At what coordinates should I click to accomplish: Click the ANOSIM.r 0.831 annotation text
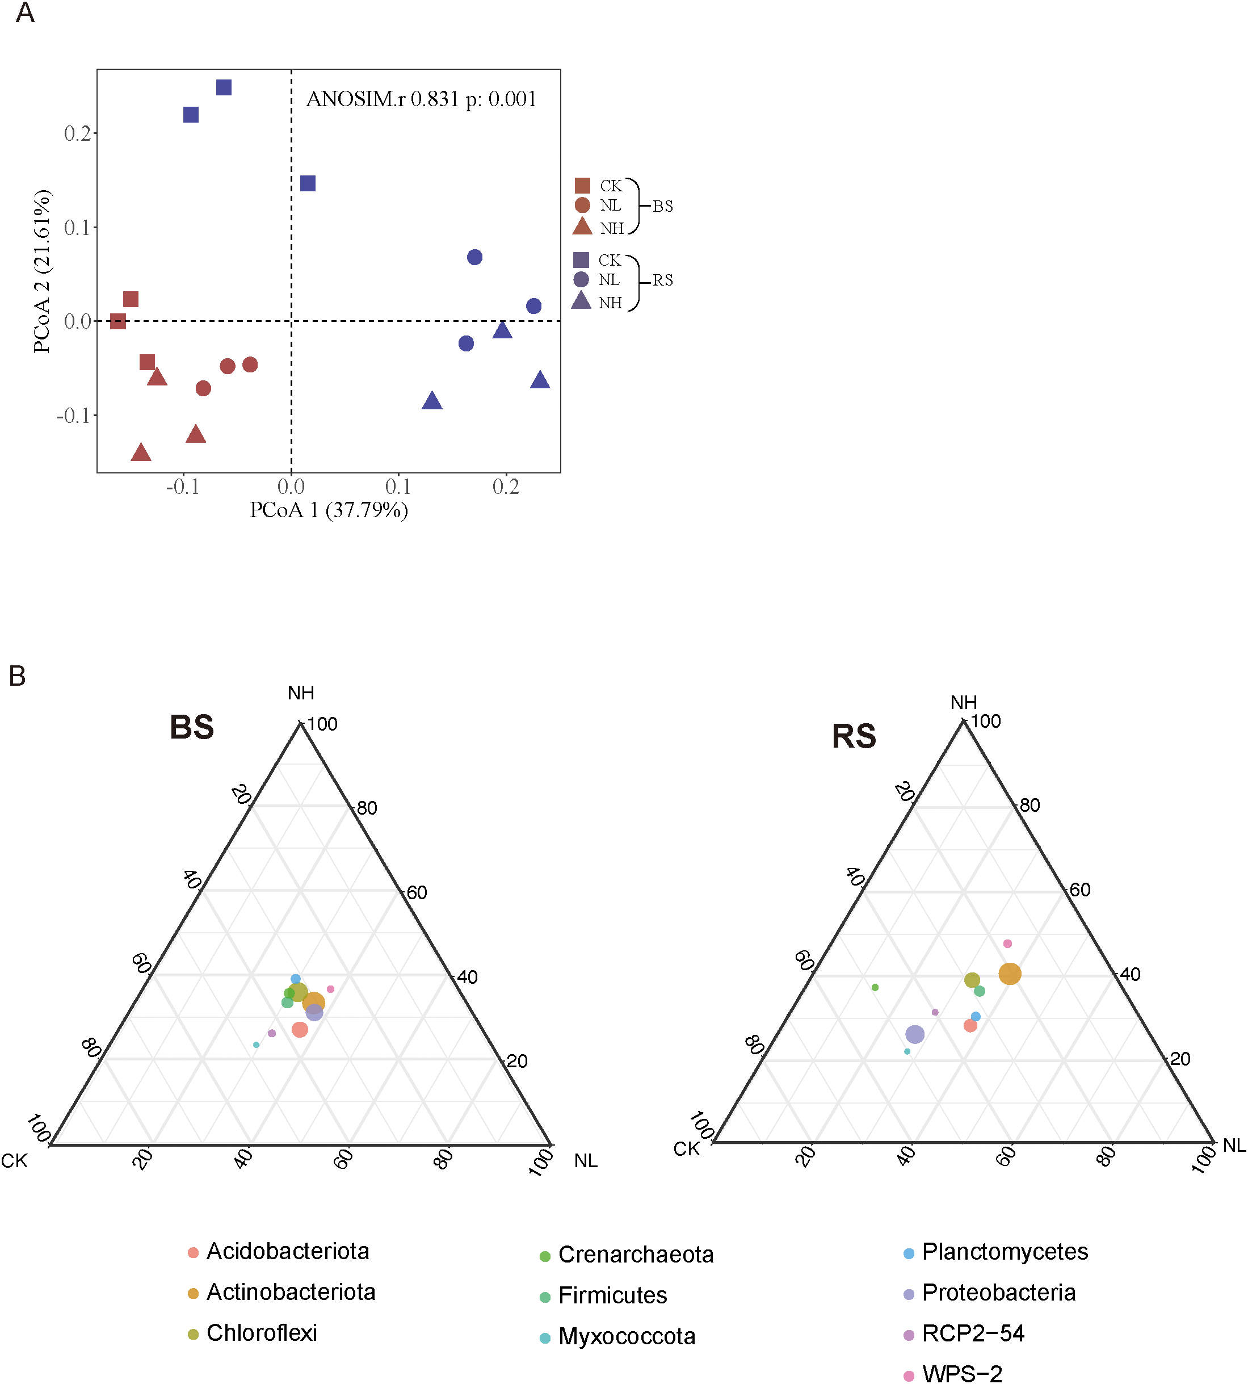click(421, 99)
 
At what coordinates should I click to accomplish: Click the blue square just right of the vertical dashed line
click(308, 183)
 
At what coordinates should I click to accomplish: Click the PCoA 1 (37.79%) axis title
click(329, 510)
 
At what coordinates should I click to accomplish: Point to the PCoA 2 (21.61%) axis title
click(42, 271)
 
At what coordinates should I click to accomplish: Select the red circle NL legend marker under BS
click(582, 205)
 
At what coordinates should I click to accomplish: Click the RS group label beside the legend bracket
click(662, 280)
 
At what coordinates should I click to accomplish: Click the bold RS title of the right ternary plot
click(854, 736)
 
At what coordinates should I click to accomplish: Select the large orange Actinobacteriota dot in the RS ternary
click(1010, 973)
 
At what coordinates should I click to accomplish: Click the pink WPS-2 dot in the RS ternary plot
click(1007, 943)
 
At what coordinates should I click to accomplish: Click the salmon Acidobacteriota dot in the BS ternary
click(300, 1029)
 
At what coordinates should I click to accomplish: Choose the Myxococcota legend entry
click(626, 1336)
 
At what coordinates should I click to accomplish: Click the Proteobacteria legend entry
click(998, 1292)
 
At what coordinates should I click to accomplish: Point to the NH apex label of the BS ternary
click(301, 693)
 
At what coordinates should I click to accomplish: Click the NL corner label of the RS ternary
click(1234, 1146)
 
